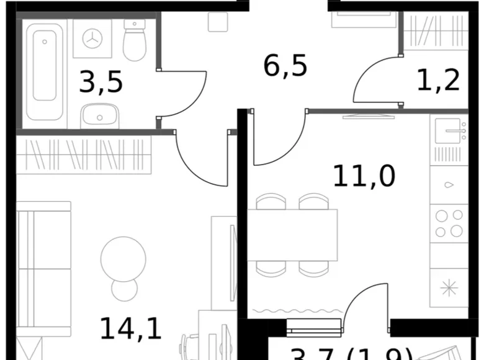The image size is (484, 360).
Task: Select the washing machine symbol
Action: click(x=92, y=38)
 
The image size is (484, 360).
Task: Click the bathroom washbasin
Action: click(x=99, y=115)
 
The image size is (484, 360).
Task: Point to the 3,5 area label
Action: click(x=101, y=83)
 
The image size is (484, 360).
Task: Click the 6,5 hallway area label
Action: click(x=285, y=65)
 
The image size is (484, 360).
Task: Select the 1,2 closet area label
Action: click(x=437, y=79)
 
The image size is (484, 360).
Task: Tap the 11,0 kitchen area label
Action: click(x=364, y=176)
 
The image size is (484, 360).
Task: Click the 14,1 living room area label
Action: click(x=131, y=328)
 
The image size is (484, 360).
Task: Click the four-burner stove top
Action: click(x=449, y=223)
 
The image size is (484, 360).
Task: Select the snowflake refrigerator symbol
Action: click(x=449, y=288)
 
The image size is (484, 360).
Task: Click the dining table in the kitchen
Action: click(x=292, y=235)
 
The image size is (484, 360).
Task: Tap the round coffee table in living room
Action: click(x=123, y=258)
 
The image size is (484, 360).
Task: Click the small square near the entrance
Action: click(x=218, y=22)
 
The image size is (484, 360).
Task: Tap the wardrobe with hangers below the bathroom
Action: click(x=84, y=155)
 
